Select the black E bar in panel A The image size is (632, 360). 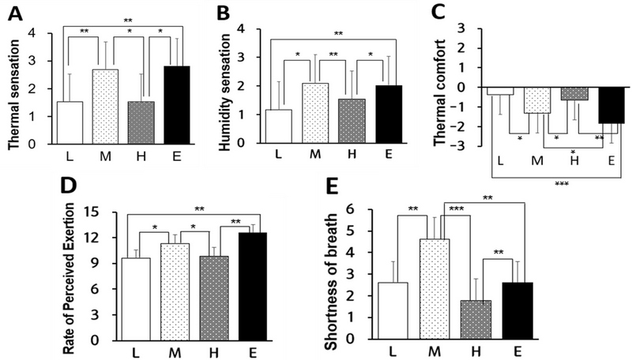(187, 105)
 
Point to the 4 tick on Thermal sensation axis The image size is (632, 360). (31, 33)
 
